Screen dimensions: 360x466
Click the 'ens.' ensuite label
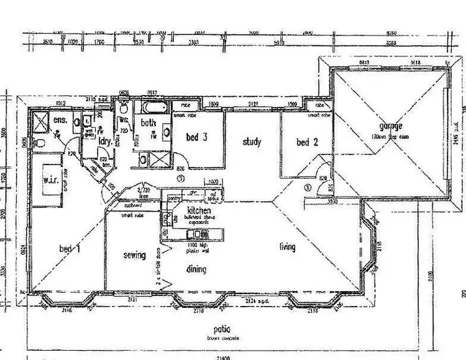(x=60, y=119)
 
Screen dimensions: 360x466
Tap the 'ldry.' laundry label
(x=105, y=141)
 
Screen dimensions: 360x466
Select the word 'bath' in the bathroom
(x=148, y=123)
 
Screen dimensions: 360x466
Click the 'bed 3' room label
(x=196, y=137)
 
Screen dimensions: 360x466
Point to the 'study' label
(x=252, y=142)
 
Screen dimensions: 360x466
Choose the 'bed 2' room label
(x=303, y=142)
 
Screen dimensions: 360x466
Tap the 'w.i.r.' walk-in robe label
(x=50, y=181)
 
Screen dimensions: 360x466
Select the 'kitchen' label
(x=191, y=211)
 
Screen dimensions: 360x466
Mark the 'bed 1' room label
(x=70, y=249)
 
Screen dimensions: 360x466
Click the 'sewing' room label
(x=134, y=255)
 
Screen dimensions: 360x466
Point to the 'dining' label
(x=196, y=269)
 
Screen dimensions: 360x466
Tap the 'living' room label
(x=286, y=247)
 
